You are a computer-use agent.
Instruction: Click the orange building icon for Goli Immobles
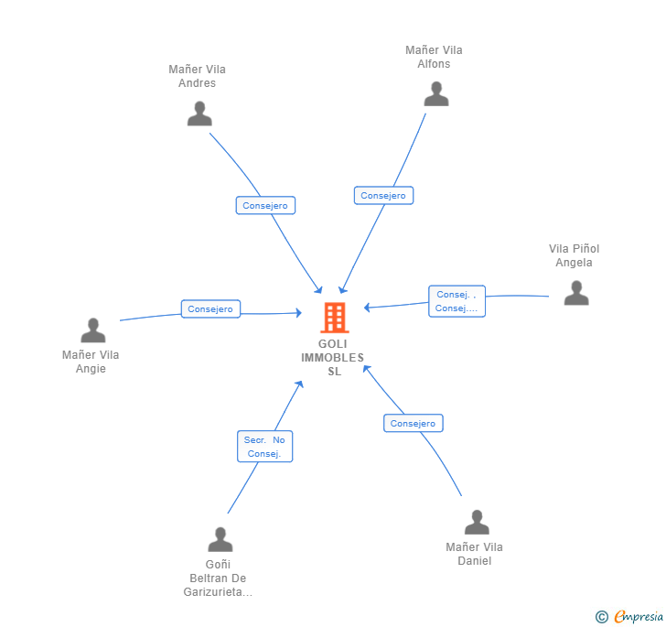tap(335, 318)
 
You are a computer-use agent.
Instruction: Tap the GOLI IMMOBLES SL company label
tap(333, 357)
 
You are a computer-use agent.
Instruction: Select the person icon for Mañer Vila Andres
tap(199, 114)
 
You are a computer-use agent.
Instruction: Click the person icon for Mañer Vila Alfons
tap(436, 94)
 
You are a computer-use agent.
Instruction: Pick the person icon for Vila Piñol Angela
tap(576, 293)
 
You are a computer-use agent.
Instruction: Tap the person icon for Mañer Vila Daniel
tap(477, 523)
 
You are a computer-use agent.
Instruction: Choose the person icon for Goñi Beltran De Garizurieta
tap(220, 540)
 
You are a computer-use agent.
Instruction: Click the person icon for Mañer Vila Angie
tap(93, 330)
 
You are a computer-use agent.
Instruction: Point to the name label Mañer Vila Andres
tap(198, 76)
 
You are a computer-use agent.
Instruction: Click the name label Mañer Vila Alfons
tap(435, 57)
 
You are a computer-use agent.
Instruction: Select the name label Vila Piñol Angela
tap(575, 255)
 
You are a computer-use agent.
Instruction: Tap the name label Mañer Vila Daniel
tap(475, 554)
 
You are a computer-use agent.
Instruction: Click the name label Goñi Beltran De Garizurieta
tap(218, 578)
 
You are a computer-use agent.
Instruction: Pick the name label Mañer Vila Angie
tap(91, 362)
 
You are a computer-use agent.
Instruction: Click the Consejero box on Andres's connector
tap(265, 206)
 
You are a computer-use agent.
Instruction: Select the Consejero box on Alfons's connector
tap(383, 196)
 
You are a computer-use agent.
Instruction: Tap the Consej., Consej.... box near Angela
tap(457, 301)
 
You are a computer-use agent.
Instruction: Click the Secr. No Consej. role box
tap(264, 447)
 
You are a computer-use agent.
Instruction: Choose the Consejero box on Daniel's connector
tap(413, 424)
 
